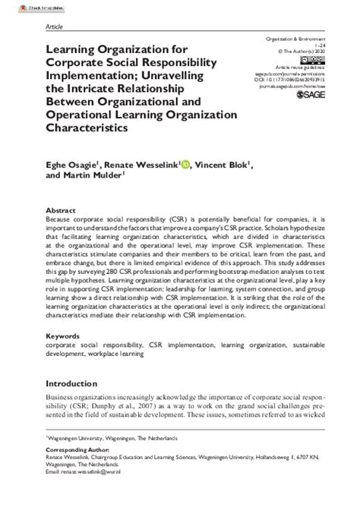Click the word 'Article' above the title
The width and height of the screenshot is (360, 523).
54,25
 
